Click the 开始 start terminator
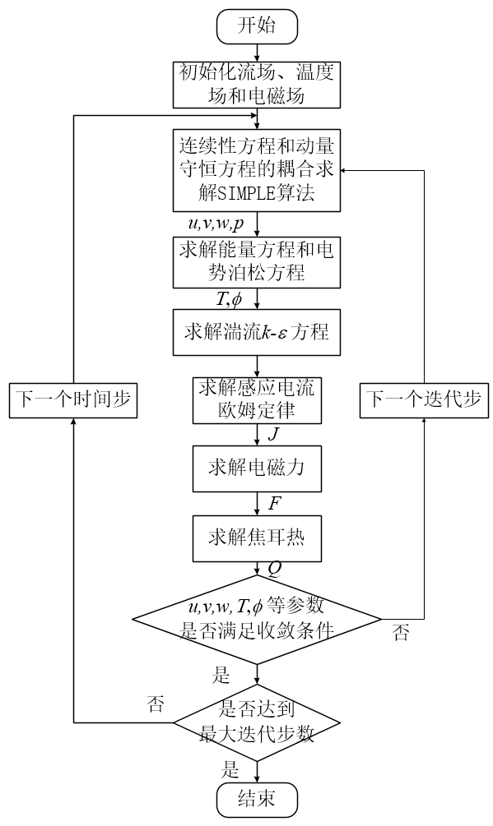tap(257, 25)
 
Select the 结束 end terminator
tap(257, 797)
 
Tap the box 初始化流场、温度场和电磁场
tap(257, 84)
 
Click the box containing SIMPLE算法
tap(257, 170)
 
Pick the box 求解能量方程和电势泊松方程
tap(257, 261)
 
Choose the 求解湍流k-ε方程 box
tap(257, 333)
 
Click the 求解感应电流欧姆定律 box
tap(257, 399)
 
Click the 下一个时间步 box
tap(73, 400)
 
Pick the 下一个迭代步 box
tap(425, 400)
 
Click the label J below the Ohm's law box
tap(273, 434)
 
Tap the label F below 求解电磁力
tap(274, 502)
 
